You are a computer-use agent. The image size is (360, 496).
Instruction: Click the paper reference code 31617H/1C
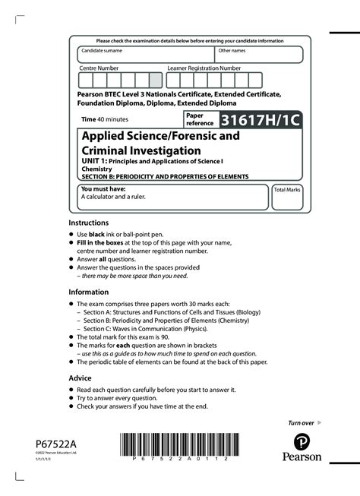pos(260,120)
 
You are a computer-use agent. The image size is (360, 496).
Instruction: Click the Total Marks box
pos(287,196)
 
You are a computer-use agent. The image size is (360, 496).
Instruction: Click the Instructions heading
pos(90,222)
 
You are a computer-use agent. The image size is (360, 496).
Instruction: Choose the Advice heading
pos(80,378)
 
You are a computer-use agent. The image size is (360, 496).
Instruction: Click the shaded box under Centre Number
pos(156,81)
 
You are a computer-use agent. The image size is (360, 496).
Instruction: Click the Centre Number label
pos(99,68)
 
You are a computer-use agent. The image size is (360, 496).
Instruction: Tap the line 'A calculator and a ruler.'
pos(113,197)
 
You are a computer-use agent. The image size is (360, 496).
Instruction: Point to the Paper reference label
pos(200,118)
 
